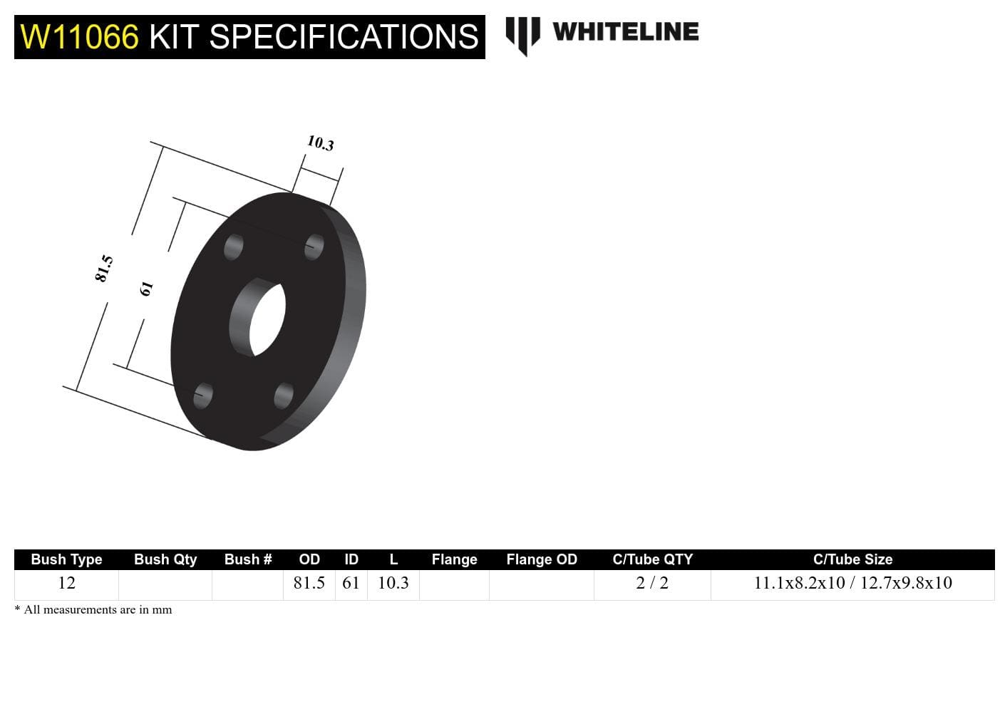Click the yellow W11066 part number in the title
pos(79,36)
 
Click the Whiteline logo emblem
pos(522,34)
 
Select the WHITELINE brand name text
pos(625,32)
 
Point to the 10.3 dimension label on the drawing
pos(321,143)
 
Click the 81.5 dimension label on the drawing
pos(104,268)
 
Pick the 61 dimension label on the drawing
pos(146,289)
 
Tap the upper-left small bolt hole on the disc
pos(233,248)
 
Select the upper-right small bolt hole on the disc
pos(314,247)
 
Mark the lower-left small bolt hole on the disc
pos(203,395)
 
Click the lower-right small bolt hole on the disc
pos(284,395)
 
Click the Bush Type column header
pos(66,559)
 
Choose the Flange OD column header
pos(542,559)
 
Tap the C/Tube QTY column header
pos(652,559)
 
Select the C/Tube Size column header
pos(852,559)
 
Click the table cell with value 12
pos(66,583)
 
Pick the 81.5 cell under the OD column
pos(309,583)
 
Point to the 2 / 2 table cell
pos(652,583)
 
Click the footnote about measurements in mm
pos(93,609)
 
